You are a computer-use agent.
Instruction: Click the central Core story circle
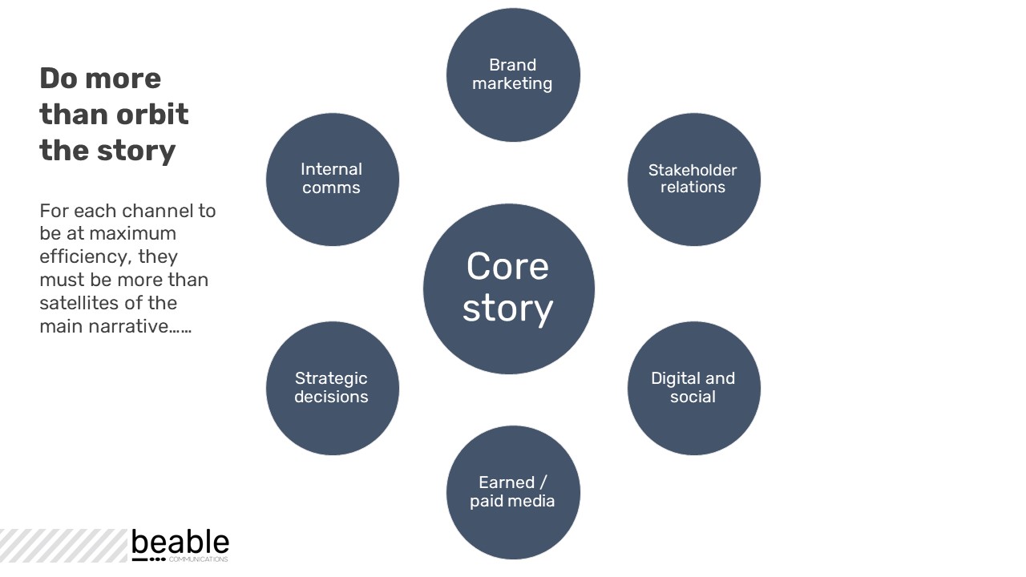[x=508, y=288]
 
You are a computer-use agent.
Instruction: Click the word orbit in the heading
[x=152, y=114]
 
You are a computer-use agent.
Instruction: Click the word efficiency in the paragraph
[x=84, y=257]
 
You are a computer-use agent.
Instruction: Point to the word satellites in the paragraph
[x=80, y=303]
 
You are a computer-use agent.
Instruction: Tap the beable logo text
[x=180, y=543]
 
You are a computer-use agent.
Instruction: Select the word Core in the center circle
[x=507, y=267]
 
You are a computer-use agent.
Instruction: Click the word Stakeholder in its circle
[x=693, y=170]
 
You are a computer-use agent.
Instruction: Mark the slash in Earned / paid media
[x=543, y=482]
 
